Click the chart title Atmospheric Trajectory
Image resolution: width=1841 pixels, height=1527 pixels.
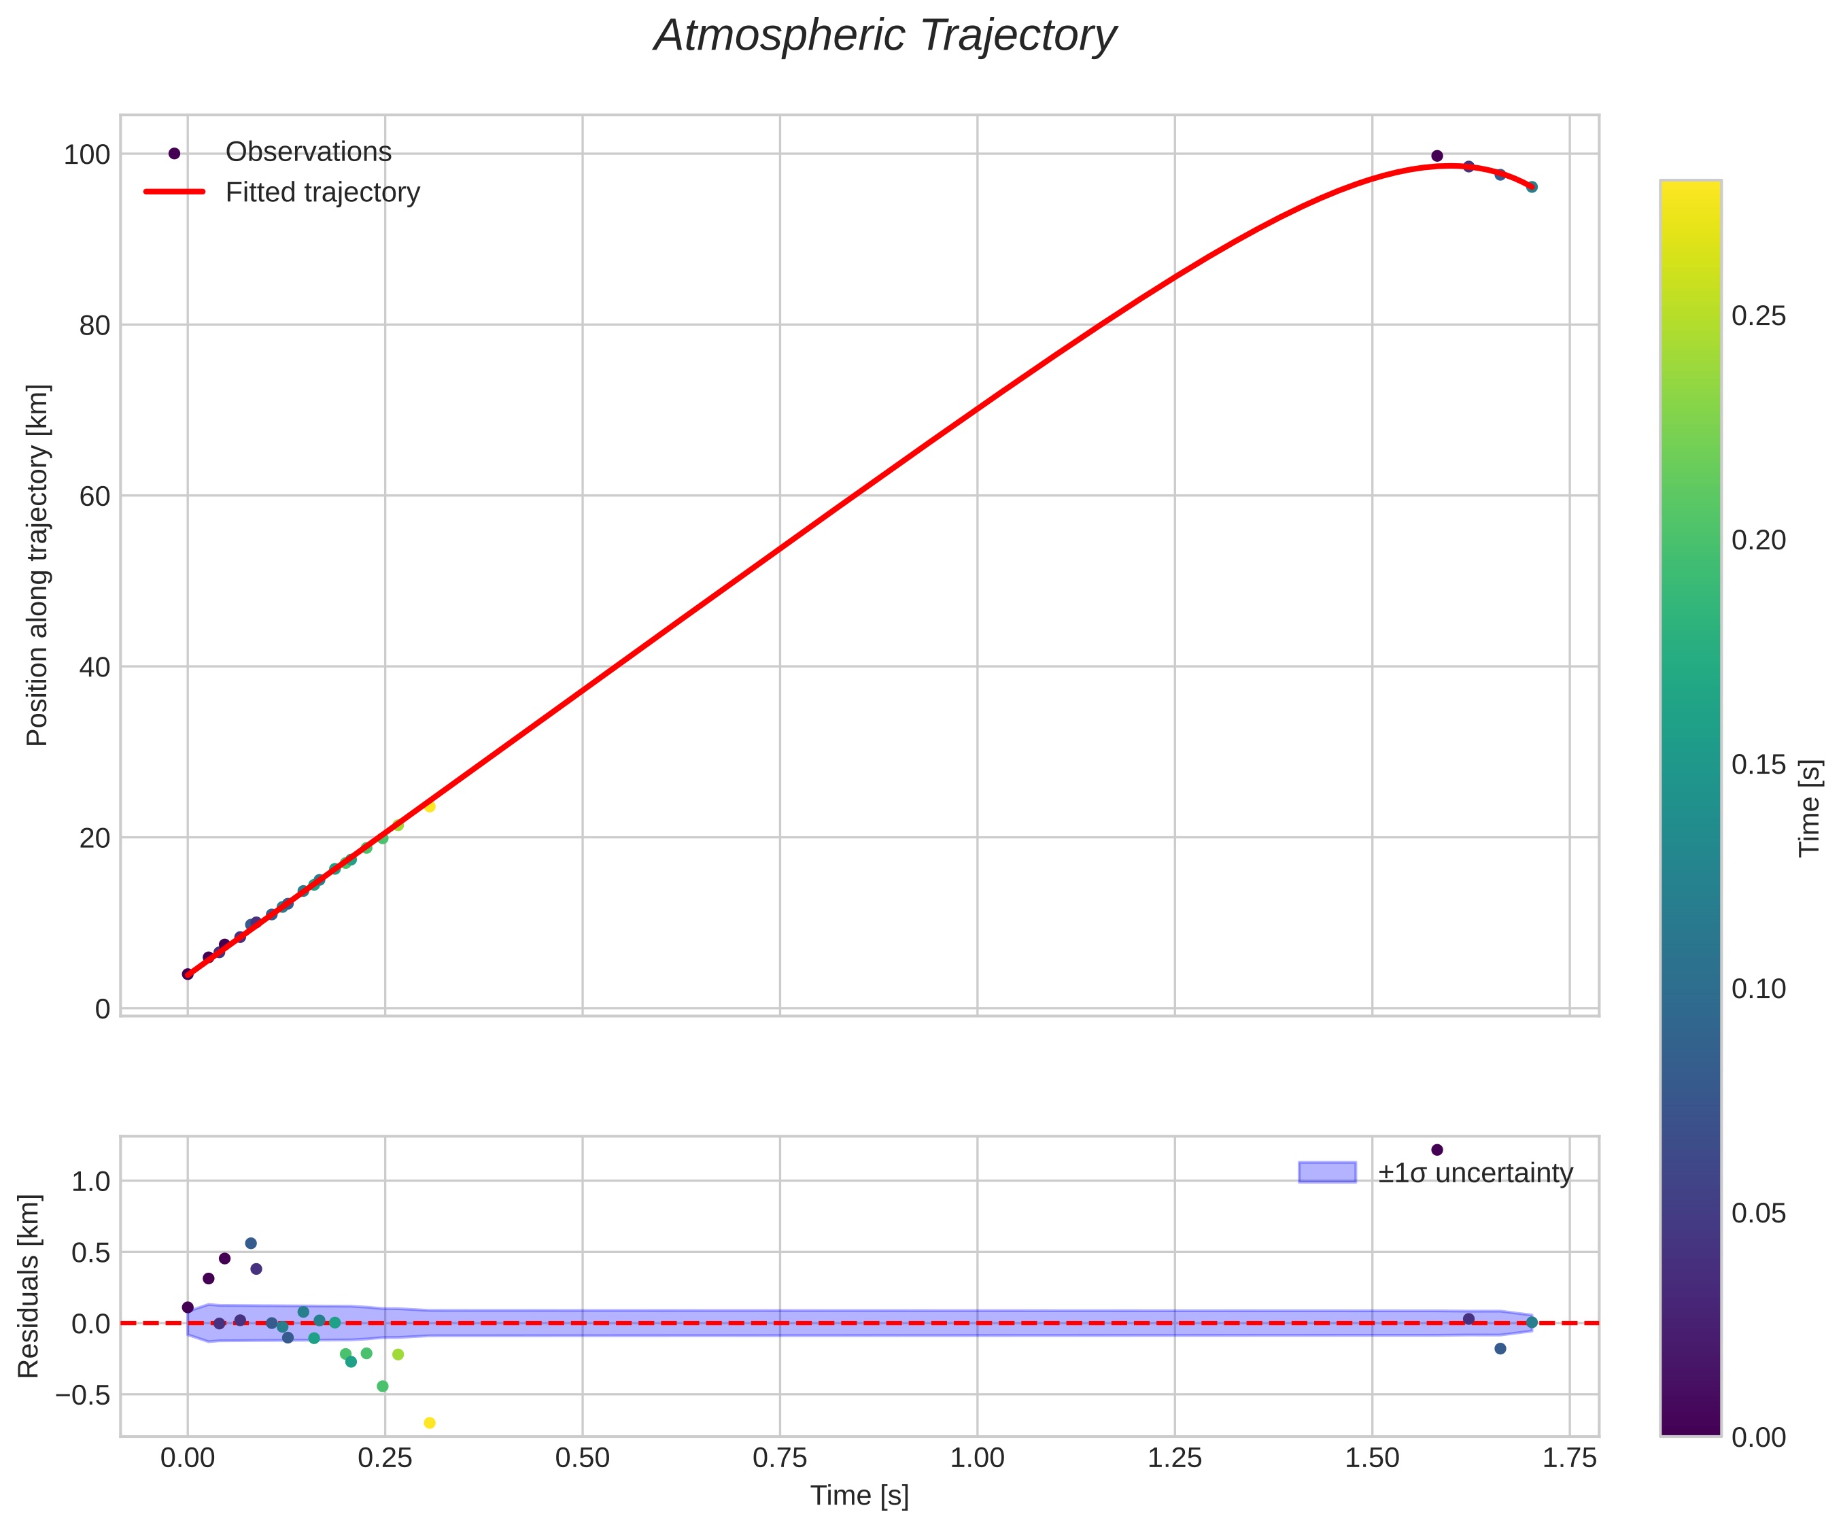[x=884, y=37]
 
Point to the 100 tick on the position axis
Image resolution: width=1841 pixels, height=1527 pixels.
[x=87, y=155]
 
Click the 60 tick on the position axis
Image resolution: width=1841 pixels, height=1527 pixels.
[x=94, y=496]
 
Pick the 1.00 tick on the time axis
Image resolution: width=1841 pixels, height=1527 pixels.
[x=977, y=1458]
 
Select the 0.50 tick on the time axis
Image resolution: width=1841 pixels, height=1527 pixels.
[x=582, y=1458]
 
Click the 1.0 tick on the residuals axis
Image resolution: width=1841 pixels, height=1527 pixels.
[x=90, y=1182]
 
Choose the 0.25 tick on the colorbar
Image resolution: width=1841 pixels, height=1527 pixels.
[x=1759, y=316]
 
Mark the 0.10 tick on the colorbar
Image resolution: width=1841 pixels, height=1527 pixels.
[x=1759, y=989]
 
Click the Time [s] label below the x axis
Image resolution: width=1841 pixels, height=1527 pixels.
[x=859, y=1496]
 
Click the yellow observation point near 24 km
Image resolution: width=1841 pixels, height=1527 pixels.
[x=430, y=806]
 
